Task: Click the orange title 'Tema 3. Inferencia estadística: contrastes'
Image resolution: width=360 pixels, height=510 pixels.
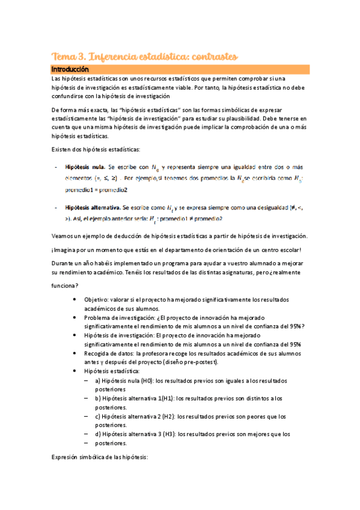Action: (x=145, y=56)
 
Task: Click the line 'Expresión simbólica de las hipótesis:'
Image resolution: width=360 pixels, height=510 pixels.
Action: (x=100, y=458)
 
